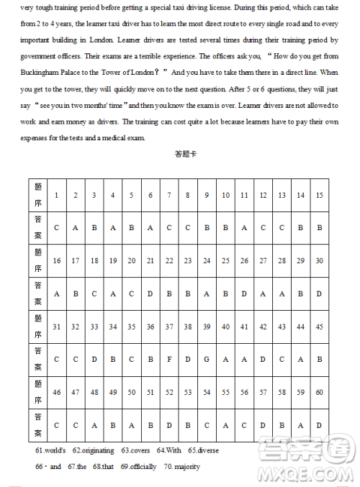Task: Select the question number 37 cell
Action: coord(168,327)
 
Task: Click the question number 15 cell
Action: coord(319,195)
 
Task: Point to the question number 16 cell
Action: coord(56,260)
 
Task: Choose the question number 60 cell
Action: coord(319,392)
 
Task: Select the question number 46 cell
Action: coord(56,392)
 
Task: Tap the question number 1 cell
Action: coord(56,195)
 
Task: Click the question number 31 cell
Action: coord(56,327)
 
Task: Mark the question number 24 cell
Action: coord(207,260)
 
